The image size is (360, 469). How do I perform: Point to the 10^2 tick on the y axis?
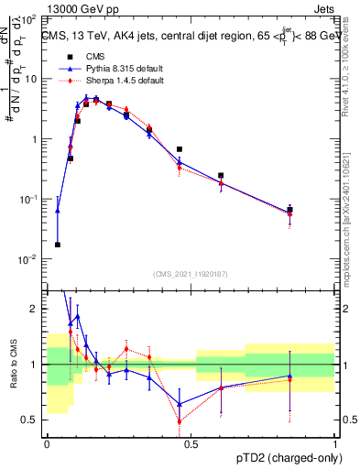coord(29,19)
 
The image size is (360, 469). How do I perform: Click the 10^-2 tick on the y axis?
coord(29,259)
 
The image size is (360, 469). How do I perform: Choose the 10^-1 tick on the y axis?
coord(29,200)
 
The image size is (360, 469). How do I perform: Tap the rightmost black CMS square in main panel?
coord(289,210)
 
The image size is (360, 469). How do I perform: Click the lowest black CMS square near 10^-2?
coord(58,245)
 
